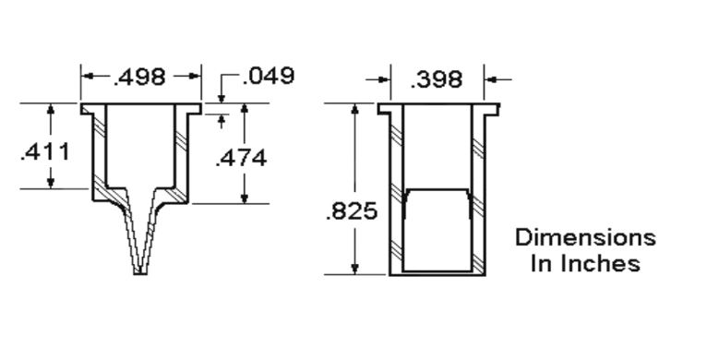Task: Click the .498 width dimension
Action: click(139, 78)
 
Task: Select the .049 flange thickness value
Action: click(269, 76)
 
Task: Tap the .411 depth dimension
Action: click(45, 152)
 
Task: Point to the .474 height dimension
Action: click(241, 159)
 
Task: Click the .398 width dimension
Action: click(437, 80)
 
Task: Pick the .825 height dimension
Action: click(352, 211)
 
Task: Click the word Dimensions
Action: click(586, 237)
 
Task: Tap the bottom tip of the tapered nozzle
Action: click(140, 273)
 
